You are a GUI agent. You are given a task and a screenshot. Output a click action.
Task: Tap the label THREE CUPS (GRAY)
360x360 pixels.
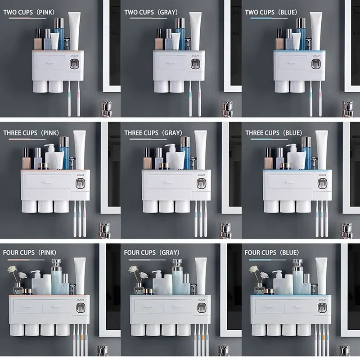click(x=153, y=133)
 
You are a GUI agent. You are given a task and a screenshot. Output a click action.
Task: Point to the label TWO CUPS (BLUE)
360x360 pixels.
click(x=271, y=12)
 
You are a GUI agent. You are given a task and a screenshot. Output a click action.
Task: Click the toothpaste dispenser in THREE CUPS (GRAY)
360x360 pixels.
click(x=201, y=183)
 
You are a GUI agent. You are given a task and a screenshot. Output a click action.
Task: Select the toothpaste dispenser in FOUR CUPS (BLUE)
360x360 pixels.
click(x=321, y=308)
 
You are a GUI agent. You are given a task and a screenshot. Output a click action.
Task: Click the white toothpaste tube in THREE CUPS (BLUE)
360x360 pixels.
click(x=321, y=149)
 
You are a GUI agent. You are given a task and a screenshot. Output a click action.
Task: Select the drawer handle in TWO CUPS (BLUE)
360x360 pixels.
click(x=293, y=62)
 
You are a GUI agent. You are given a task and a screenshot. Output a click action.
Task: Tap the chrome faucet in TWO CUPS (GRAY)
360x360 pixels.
click(x=227, y=108)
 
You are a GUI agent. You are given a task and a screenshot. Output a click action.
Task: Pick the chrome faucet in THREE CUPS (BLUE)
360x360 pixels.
click(x=347, y=229)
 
